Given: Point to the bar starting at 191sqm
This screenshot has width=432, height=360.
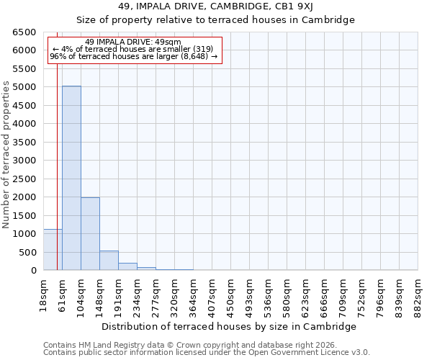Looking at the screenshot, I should point(127,266).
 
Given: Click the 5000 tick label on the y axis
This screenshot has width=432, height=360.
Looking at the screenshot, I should point(24,87).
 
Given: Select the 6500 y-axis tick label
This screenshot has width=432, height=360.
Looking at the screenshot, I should point(24,32).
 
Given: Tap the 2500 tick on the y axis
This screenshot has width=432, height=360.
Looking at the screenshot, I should point(24,179).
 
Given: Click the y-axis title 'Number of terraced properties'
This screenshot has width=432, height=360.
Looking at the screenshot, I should point(7,155).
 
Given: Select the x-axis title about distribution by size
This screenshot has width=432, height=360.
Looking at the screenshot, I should point(229,326).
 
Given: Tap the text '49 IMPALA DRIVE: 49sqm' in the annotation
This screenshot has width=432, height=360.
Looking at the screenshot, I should point(133,42).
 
